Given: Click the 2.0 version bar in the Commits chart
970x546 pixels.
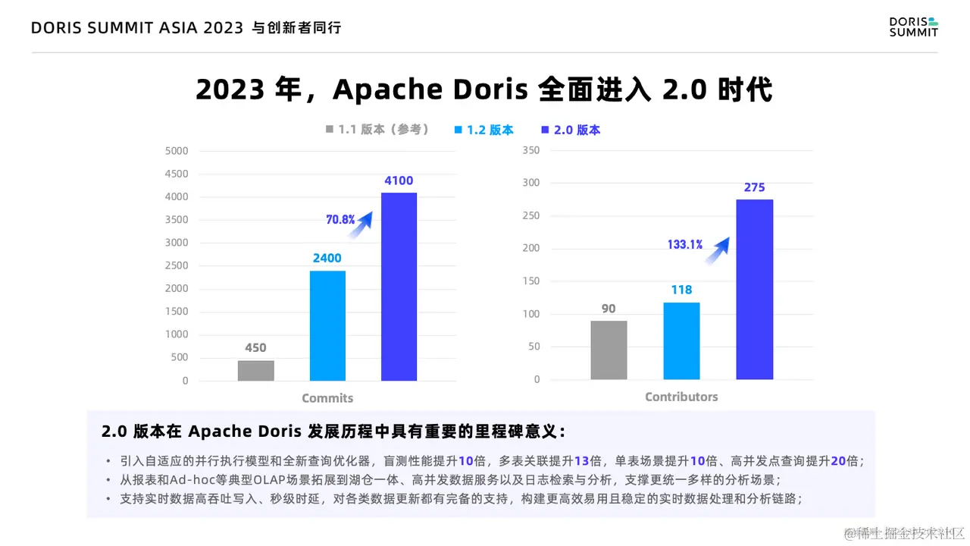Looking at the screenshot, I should coord(399,287).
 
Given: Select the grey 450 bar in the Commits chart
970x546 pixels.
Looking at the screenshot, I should coord(255,370).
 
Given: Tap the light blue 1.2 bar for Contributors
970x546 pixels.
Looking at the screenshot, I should coord(681,340).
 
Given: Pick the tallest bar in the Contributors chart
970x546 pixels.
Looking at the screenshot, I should coord(755,289).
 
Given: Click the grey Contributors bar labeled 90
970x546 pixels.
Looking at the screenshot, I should coord(609,350).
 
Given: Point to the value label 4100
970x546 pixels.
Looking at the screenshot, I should coord(399,180).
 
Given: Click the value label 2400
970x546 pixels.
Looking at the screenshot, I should coord(327,258).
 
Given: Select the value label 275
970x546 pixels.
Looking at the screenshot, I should coord(755,187).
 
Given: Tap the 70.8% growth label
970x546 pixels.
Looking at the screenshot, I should coord(340,220).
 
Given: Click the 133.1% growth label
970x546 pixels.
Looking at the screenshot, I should coord(684,244).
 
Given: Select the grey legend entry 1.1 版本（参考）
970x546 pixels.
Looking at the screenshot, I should coord(377,130).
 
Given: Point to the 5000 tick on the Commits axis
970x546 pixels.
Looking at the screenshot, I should coord(176,151).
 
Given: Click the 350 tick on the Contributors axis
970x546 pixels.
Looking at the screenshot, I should coord(531,150).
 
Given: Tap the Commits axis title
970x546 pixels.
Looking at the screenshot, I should coord(327,398).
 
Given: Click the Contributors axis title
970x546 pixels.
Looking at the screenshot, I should coord(681,397).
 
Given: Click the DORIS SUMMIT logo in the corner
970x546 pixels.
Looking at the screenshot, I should coord(913,27).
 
